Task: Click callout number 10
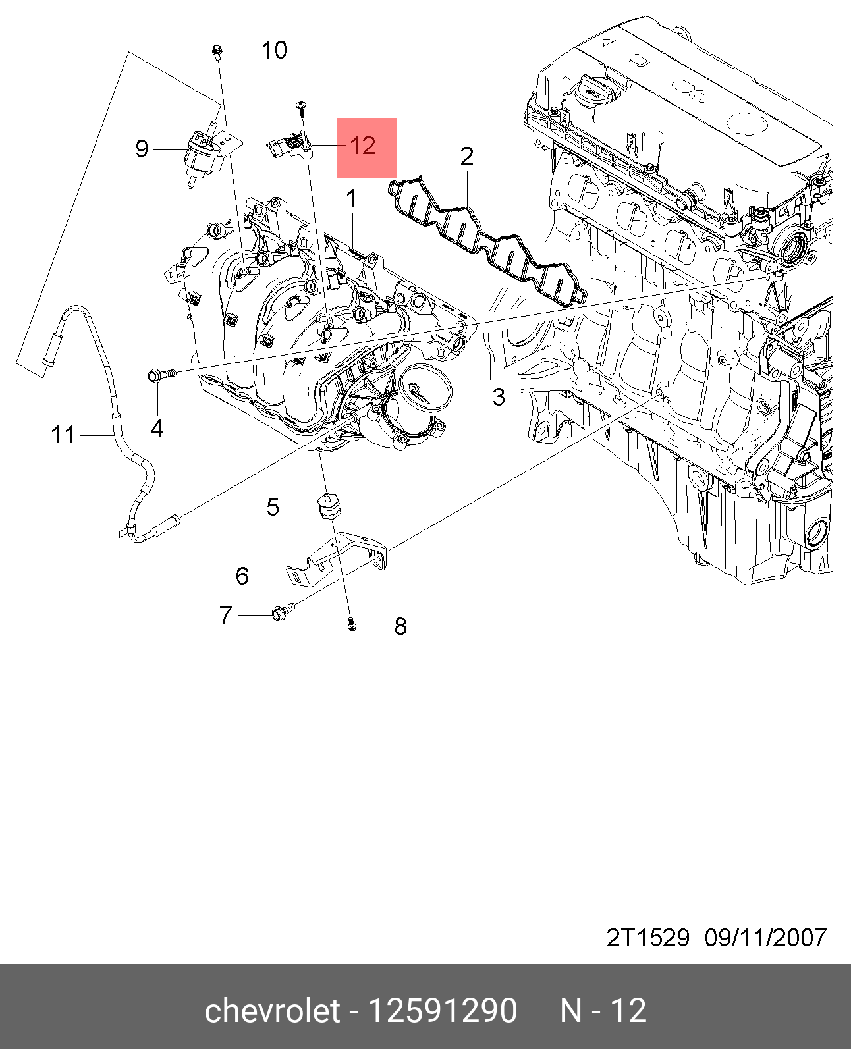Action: [274, 50]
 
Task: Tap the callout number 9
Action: [142, 149]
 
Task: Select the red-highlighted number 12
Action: [362, 146]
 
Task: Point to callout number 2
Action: [466, 157]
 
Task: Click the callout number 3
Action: [499, 396]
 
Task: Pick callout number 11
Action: [63, 435]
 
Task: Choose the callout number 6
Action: [242, 576]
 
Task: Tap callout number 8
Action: [400, 626]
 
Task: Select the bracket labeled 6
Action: [343, 558]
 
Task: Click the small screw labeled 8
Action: [352, 624]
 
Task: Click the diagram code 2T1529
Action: [647, 938]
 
